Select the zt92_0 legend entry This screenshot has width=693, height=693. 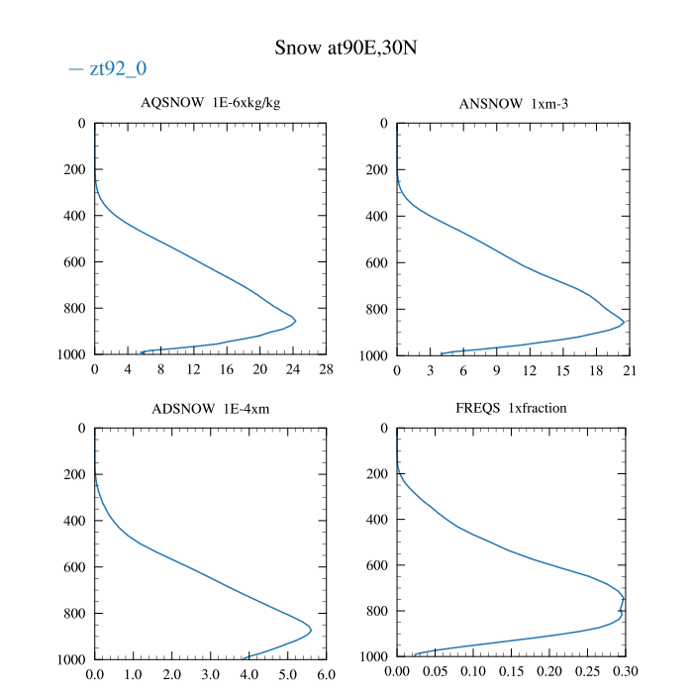coord(109,69)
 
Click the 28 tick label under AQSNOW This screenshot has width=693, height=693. coord(326,370)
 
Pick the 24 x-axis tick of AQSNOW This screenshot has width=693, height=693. coord(293,370)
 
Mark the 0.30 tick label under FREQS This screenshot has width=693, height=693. coord(626,675)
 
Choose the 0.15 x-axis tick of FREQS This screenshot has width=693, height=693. coord(511,675)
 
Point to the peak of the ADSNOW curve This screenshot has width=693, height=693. coord(311,630)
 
